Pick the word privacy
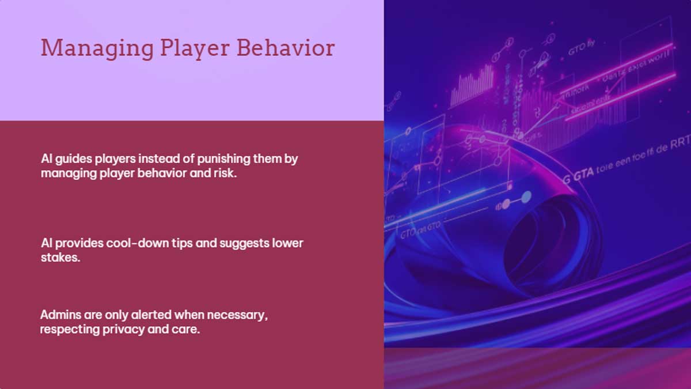(x=126, y=330)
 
